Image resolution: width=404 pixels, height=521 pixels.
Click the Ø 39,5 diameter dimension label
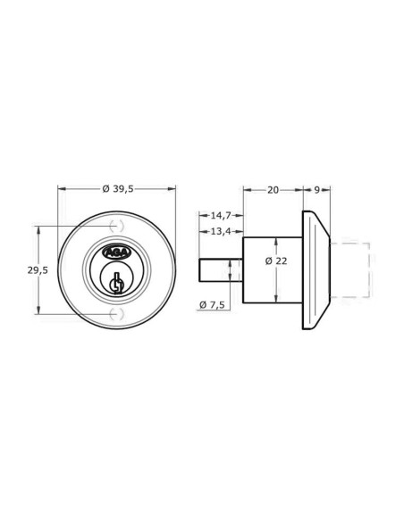point(118,189)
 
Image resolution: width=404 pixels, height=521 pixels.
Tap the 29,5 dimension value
point(38,270)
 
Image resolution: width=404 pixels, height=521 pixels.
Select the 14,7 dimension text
point(221,216)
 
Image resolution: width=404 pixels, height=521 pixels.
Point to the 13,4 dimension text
point(221,231)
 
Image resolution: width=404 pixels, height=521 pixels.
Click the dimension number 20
point(273,190)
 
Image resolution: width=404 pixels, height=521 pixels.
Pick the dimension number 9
point(316,190)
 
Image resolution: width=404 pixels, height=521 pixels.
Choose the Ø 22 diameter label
point(276,261)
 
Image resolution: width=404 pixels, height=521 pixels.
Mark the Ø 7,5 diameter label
point(212,304)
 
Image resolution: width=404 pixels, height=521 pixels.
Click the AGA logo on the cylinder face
point(116,253)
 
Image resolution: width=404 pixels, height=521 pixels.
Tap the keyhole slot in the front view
point(116,284)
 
